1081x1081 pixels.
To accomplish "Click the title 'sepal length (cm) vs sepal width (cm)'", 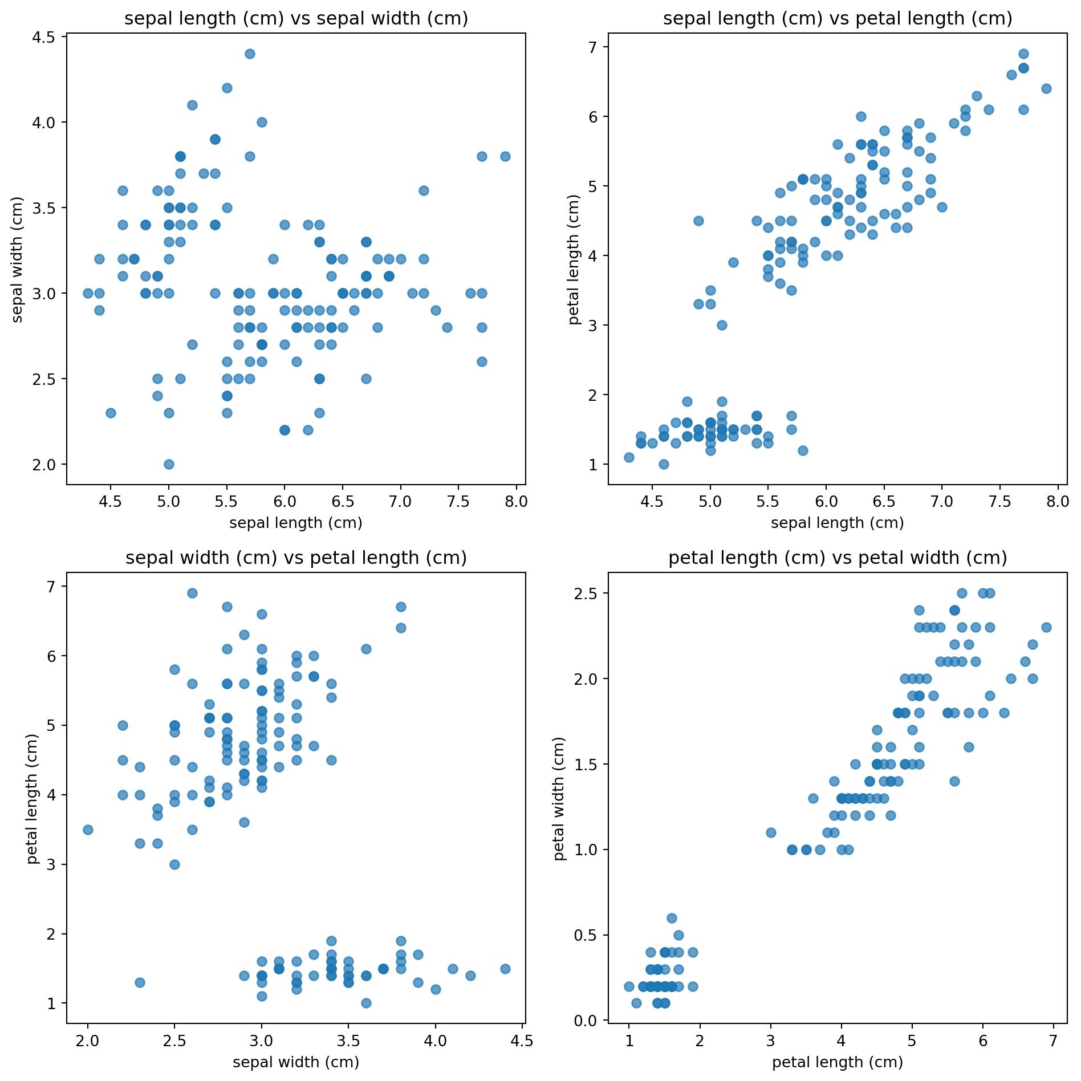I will click(296, 19).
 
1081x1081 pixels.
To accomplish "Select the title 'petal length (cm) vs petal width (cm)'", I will click(838, 558).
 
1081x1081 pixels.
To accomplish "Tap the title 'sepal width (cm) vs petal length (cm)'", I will click(296, 558).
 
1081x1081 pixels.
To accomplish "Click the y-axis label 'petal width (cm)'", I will click(559, 798).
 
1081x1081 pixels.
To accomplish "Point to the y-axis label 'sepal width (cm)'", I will click(18, 259).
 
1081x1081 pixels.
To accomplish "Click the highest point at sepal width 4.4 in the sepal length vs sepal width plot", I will click(250, 54).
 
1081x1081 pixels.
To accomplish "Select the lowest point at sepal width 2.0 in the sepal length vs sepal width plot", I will click(169, 464).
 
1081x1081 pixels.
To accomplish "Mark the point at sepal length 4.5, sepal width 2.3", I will click(111, 413).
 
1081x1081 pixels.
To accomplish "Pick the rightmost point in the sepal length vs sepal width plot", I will click(505, 156).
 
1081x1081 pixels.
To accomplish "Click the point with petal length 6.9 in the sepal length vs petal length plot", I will click(1023, 54).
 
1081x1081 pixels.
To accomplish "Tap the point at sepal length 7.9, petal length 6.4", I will click(1046, 88).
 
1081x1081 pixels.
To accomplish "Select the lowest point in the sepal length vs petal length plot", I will click(664, 464).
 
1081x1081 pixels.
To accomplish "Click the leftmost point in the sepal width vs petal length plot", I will click(88, 830).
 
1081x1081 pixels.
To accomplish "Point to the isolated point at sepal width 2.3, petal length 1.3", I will click(140, 982).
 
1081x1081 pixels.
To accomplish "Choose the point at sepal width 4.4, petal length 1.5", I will click(505, 969).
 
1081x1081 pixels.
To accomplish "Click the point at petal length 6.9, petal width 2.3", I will click(1046, 627).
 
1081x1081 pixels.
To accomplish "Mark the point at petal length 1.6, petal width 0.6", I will click(672, 918).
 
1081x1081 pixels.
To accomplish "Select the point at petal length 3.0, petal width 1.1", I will click(771, 832).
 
